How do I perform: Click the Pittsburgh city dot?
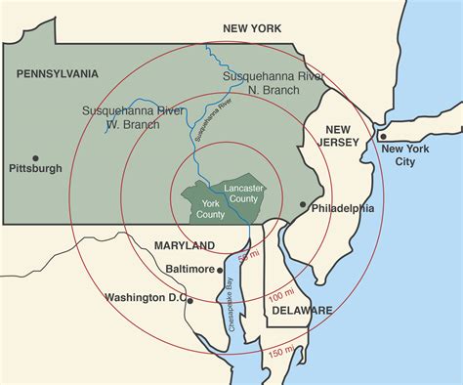coord(35,157)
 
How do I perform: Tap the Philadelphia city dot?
coord(303,207)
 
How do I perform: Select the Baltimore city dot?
coord(221,268)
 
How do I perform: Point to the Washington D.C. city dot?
coord(190,299)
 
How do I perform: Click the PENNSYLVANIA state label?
coord(58,73)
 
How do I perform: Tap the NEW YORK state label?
coord(253,30)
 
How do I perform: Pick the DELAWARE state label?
coord(303,311)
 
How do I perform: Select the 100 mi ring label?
coord(281,294)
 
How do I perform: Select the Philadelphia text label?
coord(343,208)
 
